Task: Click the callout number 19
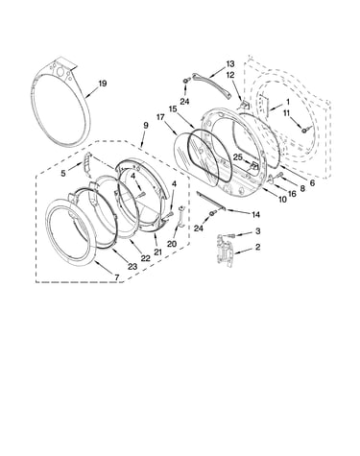(x=102, y=84)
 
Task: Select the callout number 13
(x=230, y=64)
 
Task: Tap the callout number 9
(x=146, y=125)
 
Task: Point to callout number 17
(x=160, y=117)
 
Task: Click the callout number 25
(x=238, y=157)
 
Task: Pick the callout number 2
(x=257, y=247)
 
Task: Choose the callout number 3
(x=257, y=230)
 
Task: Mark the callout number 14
(x=255, y=214)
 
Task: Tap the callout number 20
(x=172, y=244)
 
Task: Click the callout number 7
(x=116, y=277)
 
